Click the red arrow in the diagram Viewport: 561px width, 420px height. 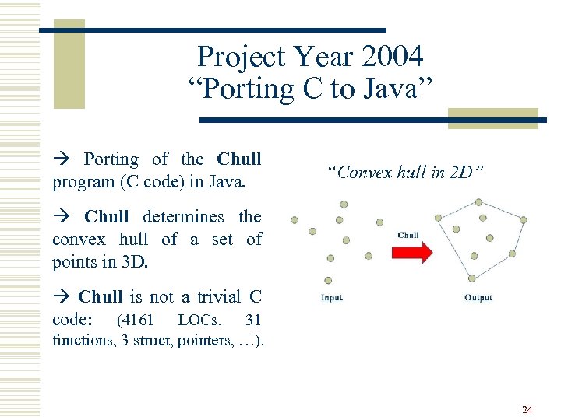click(409, 252)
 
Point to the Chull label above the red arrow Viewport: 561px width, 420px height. click(408, 235)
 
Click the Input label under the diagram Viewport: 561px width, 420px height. click(332, 298)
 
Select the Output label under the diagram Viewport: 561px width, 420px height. click(478, 298)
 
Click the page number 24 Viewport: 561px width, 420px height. click(527, 409)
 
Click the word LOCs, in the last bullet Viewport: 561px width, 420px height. click(199, 320)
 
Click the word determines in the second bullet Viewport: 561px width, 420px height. click(182, 216)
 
